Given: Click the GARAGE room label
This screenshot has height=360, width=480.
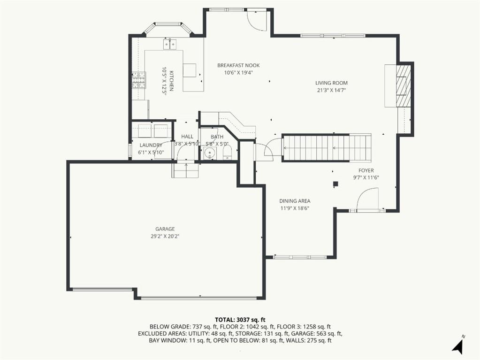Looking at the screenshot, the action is (x=165, y=229).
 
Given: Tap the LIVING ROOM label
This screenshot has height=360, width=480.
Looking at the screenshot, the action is (x=332, y=83).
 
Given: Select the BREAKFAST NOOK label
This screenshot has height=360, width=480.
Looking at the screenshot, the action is (x=238, y=65).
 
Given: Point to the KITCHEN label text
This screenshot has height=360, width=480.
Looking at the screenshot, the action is (x=171, y=81).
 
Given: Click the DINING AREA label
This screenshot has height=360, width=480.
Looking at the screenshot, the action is (x=295, y=201).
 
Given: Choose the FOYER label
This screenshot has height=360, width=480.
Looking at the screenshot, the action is (x=366, y=170).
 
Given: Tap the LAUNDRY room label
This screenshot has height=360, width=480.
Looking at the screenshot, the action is (x=151, y=145).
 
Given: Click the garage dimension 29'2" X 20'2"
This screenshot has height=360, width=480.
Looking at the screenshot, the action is (x=165, y=237).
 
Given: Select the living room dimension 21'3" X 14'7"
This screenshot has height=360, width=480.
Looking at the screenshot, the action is (x=332, y=90).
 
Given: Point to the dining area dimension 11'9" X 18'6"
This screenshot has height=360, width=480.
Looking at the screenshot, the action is (x=295, y=208).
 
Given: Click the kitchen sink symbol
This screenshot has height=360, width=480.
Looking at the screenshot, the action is (x=170, y=44).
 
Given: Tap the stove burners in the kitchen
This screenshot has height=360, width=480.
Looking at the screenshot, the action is (x=139, y=80).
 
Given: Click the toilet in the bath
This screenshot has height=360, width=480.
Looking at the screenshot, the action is (x=227, y=152).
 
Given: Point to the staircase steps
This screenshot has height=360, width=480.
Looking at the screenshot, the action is (x=327, y=148).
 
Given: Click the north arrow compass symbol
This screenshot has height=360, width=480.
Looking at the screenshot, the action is (x=457, y=346).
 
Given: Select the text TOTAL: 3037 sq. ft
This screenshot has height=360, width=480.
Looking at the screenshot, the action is (x=240, y=320).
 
